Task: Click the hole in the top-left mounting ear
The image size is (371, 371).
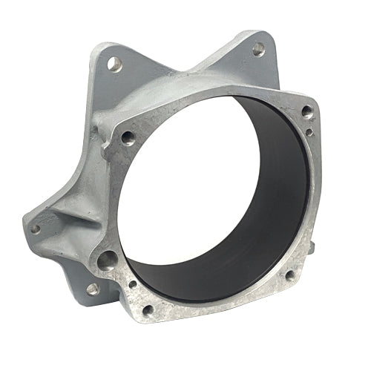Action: pos(114,64)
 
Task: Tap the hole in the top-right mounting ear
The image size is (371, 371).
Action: pos(257,49)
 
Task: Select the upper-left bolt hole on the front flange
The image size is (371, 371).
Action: pos(128,137)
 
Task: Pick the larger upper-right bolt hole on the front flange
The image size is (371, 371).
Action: pos(306,111)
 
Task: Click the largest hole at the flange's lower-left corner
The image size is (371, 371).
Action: pos(108,260)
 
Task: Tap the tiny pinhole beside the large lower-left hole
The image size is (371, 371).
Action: pos(132,283)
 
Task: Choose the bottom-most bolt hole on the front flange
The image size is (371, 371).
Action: pos(148,309)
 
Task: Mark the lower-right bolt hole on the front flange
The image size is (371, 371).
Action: pos(289,275)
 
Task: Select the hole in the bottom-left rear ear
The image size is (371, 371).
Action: pos(91,288)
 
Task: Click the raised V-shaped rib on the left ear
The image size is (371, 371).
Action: pos(70,215)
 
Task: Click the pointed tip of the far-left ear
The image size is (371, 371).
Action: pos(24,223)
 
